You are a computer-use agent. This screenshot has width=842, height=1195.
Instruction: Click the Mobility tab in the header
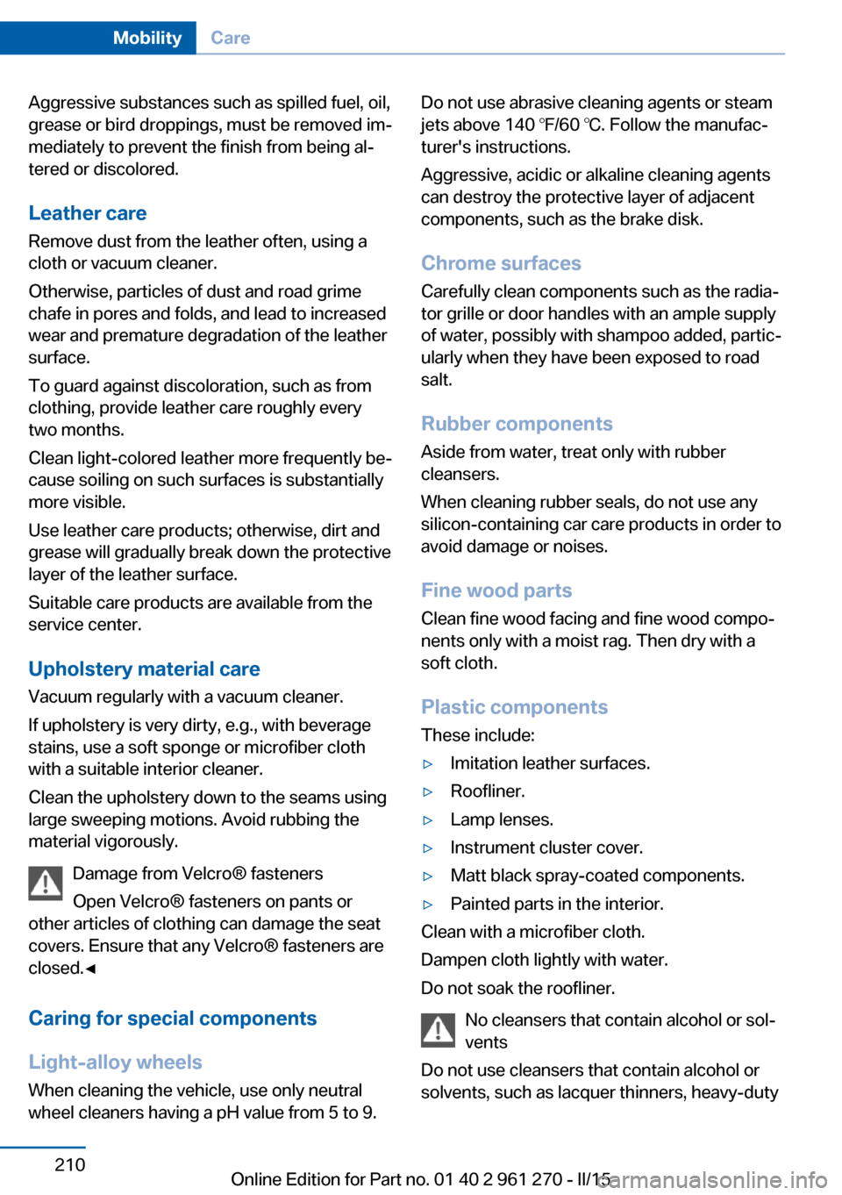pyautogui.click(x=146, y=38)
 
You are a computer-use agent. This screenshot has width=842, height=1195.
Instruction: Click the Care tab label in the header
pyautogui.click(x=230, y=38)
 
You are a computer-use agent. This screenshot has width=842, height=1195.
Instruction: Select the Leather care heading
pyautogui.click(x=88, y=213)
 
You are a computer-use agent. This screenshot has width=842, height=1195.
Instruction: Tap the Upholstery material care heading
pyautogui.click(x=144, y=669)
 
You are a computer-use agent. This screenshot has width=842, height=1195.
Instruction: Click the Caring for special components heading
pyautogui.click(x=173, y=1018)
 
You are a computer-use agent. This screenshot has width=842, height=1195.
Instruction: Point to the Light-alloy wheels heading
pyautogui.click(x=115, y=1062)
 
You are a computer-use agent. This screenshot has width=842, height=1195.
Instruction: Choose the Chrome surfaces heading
pyautogui.click(x=501, y=263)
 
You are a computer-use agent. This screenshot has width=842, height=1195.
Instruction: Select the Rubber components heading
pyautogui.click(x=517, y=424)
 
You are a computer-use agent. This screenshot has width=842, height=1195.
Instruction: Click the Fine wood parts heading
pyautogui.click(x=496, y=590)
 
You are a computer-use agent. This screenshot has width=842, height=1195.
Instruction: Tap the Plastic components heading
pyautogui.click(x=514, y=707)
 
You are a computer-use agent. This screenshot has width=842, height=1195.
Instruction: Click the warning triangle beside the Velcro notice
pyautogui.click(x=45, y=883)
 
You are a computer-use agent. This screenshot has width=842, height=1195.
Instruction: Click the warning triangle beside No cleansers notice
pyautogui.click(x=438, y=1029)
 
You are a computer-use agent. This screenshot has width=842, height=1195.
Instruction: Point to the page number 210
pyautogui.click(x=69, y=1164)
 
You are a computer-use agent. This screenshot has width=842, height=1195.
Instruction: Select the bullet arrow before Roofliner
pyautogui.click(x=428, y=791)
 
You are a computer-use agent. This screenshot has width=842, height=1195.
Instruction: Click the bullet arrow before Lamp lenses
pyautogui.click(x=428, y=819)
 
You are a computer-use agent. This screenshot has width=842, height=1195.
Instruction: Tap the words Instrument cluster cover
pyautogui.click(x=546, y=848)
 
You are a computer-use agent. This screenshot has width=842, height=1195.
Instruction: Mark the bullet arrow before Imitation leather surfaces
pyautogui.click(x=428, y=763)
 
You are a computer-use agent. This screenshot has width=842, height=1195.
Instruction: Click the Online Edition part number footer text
pyautogui.click(x=420, y=1178)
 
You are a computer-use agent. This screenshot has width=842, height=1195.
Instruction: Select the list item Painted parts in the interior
pyautogui.click(x=556, y=904)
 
